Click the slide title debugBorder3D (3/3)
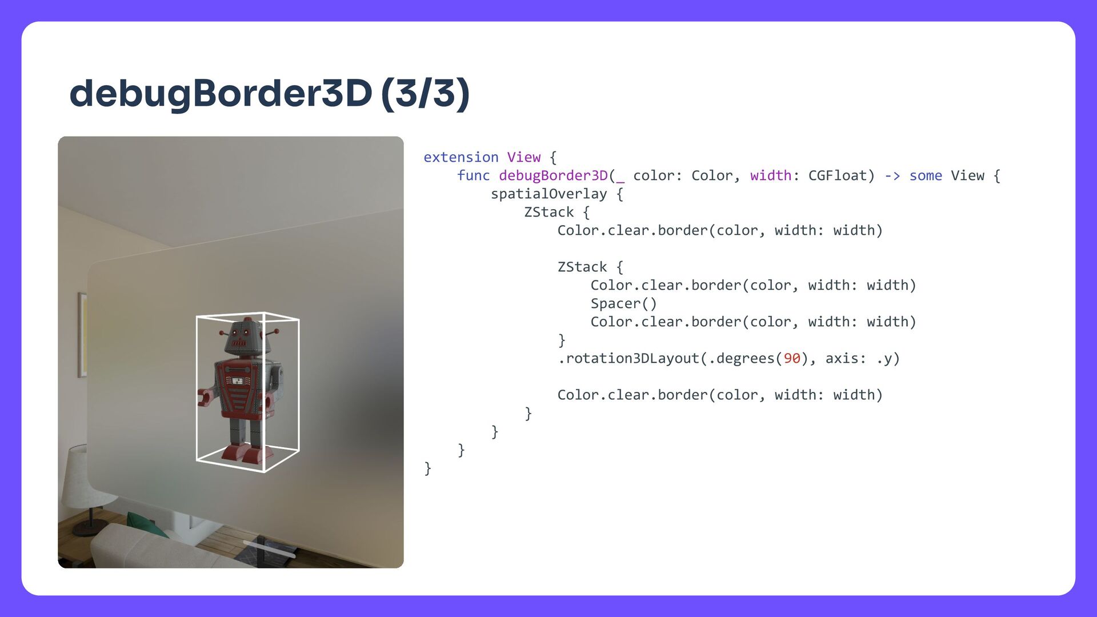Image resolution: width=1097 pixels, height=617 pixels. click(269, 93)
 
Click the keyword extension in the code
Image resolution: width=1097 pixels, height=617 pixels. click(461, 157)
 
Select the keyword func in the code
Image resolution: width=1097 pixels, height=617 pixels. click(473, 175)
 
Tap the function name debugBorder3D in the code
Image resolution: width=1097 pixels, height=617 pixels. click(552, 175)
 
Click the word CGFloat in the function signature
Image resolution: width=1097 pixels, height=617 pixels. click(838, 175)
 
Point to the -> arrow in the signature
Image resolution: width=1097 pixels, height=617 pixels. click(892, 175)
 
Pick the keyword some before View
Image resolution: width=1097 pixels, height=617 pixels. click(925, 175)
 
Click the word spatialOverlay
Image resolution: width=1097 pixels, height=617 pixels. click(548, 194)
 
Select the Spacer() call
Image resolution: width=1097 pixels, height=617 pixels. click(623, 303)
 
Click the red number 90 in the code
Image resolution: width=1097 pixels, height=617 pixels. click(791, 358)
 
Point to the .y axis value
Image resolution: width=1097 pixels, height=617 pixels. click(887, 358)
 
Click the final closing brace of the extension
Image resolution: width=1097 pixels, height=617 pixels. click(427, 468)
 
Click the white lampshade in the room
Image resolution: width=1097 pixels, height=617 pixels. click(80, 480)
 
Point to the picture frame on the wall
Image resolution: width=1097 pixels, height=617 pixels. click(82, 335)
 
